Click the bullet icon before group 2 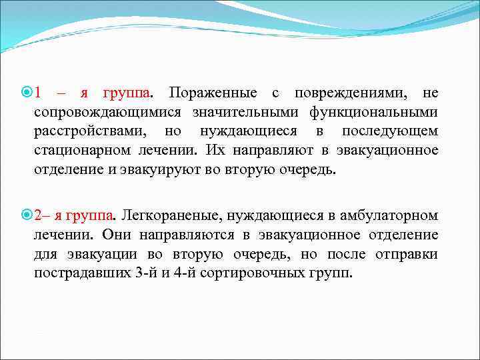tap(27, 216)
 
